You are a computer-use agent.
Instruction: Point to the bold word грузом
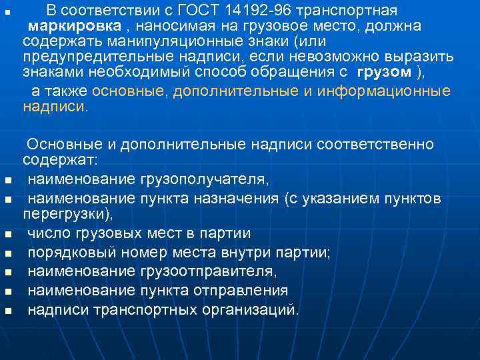point(385,72)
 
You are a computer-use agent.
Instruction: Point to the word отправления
point(239,291)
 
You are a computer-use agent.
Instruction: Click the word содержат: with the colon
point(60,161)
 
